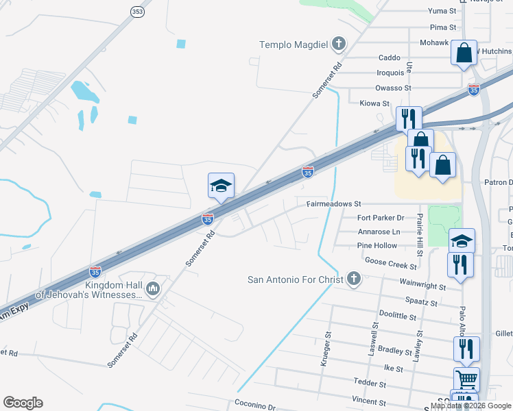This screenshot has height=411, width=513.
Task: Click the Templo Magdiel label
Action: pos(293,45)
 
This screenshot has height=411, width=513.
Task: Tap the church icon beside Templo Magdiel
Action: pos(337,45)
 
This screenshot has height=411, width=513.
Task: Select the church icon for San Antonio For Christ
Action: pos(353,279)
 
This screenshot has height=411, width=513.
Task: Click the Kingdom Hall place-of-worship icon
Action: pos(152,289)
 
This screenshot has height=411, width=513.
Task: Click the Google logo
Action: pos(23,403)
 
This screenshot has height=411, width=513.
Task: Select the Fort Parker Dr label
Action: pos(381,218)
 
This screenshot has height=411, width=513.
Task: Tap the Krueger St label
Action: pos(326,349)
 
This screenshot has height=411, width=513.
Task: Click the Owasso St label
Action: pos(393,88)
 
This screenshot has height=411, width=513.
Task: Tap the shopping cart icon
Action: pos(466,378)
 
